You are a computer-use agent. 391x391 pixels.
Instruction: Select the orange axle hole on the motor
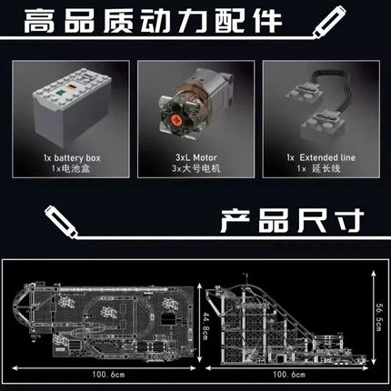point(176,119)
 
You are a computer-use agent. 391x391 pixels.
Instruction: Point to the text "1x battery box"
point(72,158)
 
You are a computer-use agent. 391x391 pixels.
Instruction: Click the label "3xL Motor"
point(196,157)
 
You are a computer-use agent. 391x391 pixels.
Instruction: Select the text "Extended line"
point(327,157)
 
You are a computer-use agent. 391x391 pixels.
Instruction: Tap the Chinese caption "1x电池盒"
point(71,168)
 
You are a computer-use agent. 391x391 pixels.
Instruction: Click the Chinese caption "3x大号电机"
point(195,168)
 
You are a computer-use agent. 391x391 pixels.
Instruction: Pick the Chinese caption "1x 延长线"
point(318,168)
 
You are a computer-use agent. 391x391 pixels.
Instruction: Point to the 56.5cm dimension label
point(379,317)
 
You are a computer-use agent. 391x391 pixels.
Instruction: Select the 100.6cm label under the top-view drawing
point(108,375)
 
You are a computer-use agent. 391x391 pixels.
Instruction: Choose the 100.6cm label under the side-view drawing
point(289,375)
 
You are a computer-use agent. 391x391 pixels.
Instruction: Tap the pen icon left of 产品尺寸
point(62,221)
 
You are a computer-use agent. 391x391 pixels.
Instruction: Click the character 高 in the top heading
point(39,21)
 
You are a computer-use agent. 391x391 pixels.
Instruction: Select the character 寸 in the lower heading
point(350,220)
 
